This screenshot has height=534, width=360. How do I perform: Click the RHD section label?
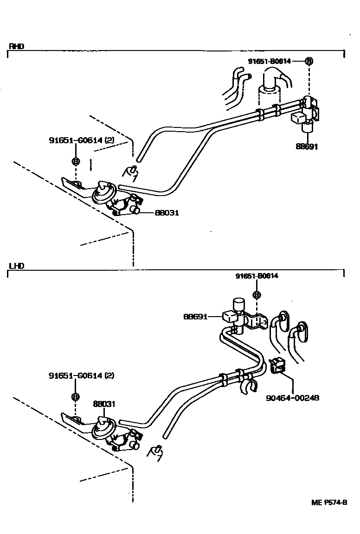[x=16, y=46]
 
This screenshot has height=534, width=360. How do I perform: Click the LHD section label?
[x=16, y=266]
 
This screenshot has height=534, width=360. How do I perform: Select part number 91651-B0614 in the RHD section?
[x=270, y=61]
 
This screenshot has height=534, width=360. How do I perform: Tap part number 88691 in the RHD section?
[x=307, y=147]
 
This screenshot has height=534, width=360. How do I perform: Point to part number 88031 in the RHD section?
[x=167, y=213]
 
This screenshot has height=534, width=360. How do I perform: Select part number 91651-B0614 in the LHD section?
[x=257, y=276]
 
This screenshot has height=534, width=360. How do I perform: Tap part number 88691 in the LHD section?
[x=196, y=317]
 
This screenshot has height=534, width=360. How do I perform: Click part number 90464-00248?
[x=292, y=398]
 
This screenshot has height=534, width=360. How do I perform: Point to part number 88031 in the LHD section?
[x=104, y=404]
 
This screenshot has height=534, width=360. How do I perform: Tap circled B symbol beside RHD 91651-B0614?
[x=309, y=61]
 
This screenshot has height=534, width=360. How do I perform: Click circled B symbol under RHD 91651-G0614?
[x=76, y=161]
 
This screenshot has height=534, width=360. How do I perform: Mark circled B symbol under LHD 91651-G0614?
[x=75, y=397]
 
